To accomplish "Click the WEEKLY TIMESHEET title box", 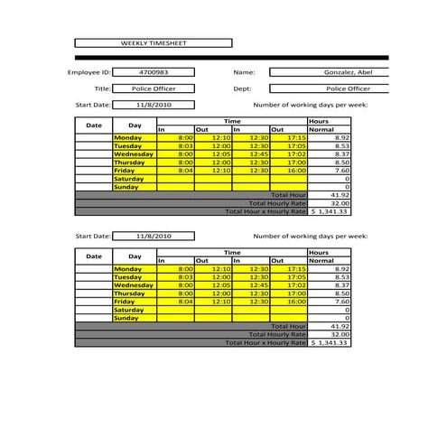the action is (153, 42).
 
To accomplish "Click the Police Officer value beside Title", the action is (154, 88).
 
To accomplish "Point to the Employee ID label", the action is (88, 71).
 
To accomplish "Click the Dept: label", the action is (242, 88).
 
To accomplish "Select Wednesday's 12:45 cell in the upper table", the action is (251, 154).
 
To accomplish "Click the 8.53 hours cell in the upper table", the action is (330, 145).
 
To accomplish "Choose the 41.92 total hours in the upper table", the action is (330, 194).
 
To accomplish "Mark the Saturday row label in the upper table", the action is (131, 178).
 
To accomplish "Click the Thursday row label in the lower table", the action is (131, 293).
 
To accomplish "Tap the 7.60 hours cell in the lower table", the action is (330, 302).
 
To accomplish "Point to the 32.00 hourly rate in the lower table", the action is (330, 334).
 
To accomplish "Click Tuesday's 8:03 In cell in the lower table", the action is (176, 277).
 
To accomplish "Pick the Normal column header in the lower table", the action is (322, 261).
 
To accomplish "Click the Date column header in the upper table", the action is (94, 125).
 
